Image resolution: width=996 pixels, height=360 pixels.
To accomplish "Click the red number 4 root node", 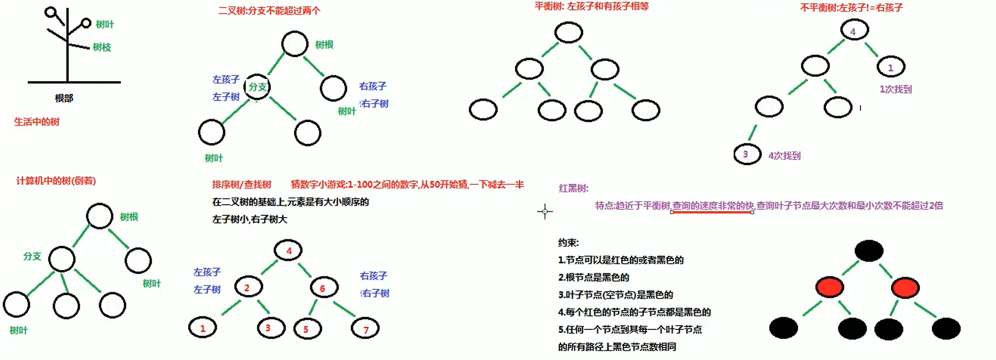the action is point(288,250).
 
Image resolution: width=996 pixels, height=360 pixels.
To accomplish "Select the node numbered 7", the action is point(366,329).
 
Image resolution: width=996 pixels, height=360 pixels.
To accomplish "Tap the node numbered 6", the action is point(324,288).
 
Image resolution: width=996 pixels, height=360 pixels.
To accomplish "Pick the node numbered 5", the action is point(307,329).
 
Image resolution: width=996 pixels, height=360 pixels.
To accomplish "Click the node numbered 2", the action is point(248,287).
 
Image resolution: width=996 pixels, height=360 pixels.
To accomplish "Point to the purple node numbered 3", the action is point(747,155).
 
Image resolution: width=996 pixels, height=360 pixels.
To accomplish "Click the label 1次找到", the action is point(895,89).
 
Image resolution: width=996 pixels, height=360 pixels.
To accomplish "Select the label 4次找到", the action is point(784,156).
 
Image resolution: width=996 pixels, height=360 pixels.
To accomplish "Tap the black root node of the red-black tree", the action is point(869,251).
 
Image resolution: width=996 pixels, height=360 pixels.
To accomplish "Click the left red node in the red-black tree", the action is point(829,287).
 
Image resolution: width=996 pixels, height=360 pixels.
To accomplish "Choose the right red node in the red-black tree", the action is point(905,288).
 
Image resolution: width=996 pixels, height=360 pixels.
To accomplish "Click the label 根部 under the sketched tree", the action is point(64,98).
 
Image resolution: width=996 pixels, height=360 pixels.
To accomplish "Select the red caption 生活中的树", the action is point(37,122).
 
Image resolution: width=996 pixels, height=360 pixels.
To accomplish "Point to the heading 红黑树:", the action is point(574,189).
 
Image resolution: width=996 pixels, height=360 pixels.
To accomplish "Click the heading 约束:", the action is point(568,243).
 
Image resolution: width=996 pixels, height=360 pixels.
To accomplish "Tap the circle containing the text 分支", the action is point(257,87).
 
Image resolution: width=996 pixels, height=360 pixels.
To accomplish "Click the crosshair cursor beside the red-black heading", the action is point(544,212).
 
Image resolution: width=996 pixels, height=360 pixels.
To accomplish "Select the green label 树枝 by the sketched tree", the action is point(102,47).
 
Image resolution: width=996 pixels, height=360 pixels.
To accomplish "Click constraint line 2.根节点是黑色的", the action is point(593,277).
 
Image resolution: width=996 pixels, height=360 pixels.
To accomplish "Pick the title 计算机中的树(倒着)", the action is point(56,181).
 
